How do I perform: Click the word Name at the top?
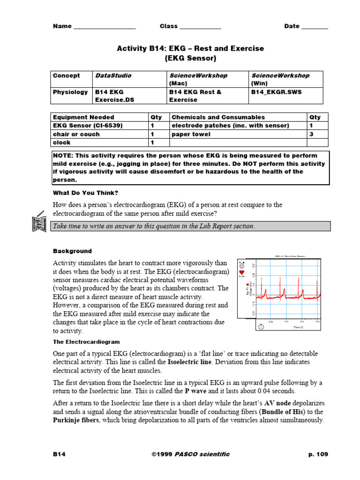coord(62,26)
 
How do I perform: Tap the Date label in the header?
coord(292,26)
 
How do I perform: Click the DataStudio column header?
coord(113,75)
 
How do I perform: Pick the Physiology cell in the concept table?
coord(70,92)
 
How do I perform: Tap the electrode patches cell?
coord(230,126)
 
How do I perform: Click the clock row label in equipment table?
coord(62,142)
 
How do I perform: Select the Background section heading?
coord(72,251)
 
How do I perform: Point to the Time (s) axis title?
coord(299,327)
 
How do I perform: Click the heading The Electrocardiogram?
coord(86,342)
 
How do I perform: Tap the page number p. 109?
coord(318,454)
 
